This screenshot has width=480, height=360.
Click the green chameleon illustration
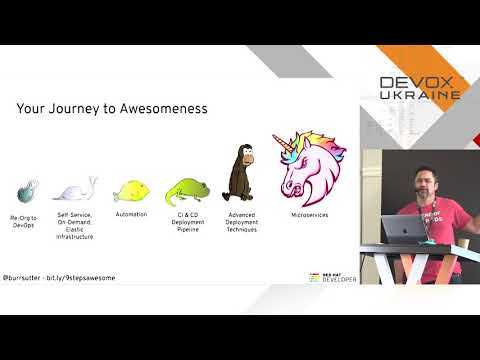click(x=187, y=188)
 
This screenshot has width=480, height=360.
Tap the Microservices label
click(x=309, y=214)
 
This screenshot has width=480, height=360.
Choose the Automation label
click(x=131, y=214)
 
